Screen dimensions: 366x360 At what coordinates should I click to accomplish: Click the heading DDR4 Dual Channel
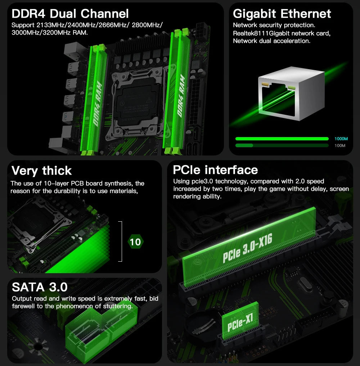pos(70,14)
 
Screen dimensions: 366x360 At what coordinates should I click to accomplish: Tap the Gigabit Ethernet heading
pos(282,14)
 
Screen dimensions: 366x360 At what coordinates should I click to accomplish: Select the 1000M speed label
pos(341,139)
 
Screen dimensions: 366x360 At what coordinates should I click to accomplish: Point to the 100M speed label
pos(339,145)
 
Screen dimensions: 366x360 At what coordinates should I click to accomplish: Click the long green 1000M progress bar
pos(282,139)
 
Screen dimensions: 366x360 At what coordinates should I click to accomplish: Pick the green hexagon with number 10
pos(135,242)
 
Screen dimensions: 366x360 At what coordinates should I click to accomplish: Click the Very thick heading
pos(41,170)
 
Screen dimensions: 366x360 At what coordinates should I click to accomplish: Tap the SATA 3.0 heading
pos(40,287)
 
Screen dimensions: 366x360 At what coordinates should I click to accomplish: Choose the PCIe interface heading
pos(215,170)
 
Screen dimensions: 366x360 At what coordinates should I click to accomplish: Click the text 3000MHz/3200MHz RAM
pos(49,32)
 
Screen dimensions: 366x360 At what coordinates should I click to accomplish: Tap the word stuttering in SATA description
pos(119,306)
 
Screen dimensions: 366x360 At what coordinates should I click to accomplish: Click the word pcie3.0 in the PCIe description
pos(203,181)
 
